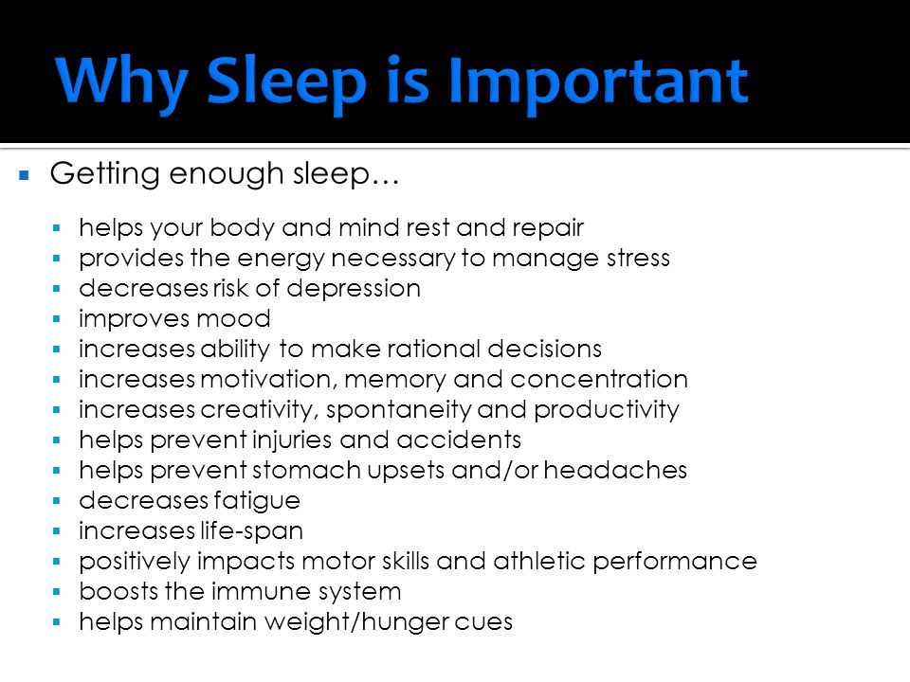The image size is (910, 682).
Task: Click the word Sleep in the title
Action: [x=286, y=82]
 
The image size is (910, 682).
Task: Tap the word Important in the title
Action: [x=598, y=82]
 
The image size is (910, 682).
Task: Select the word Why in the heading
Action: [x=122, y=82]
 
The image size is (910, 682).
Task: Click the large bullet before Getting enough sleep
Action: [x=24, y=174]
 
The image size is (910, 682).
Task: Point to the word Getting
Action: [x=104, y=174]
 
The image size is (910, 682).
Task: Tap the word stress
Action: [x=638, y=258]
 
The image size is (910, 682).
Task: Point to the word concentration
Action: [x=599, y=379]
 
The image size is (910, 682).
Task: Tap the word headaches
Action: [x=615, y=470]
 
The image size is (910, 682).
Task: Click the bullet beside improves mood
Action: [x=56, y=319]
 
